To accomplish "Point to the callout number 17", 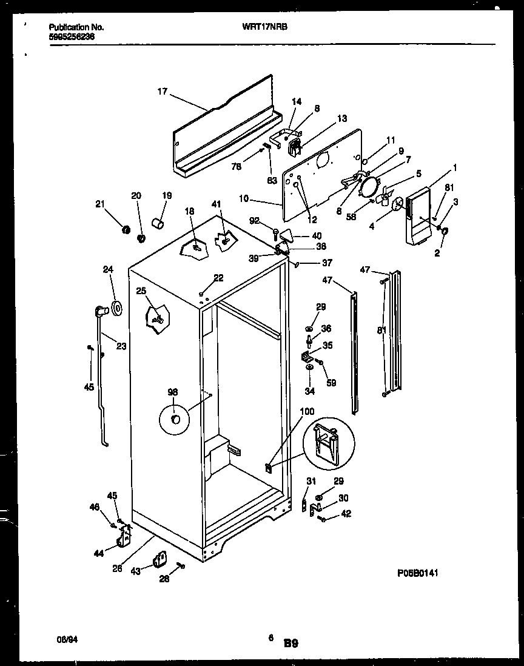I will [162, 92].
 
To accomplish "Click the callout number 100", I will [307, 412].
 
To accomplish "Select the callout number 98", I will [173, 393].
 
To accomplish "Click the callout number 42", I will [346, 514].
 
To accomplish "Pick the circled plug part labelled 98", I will [175, 419].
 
